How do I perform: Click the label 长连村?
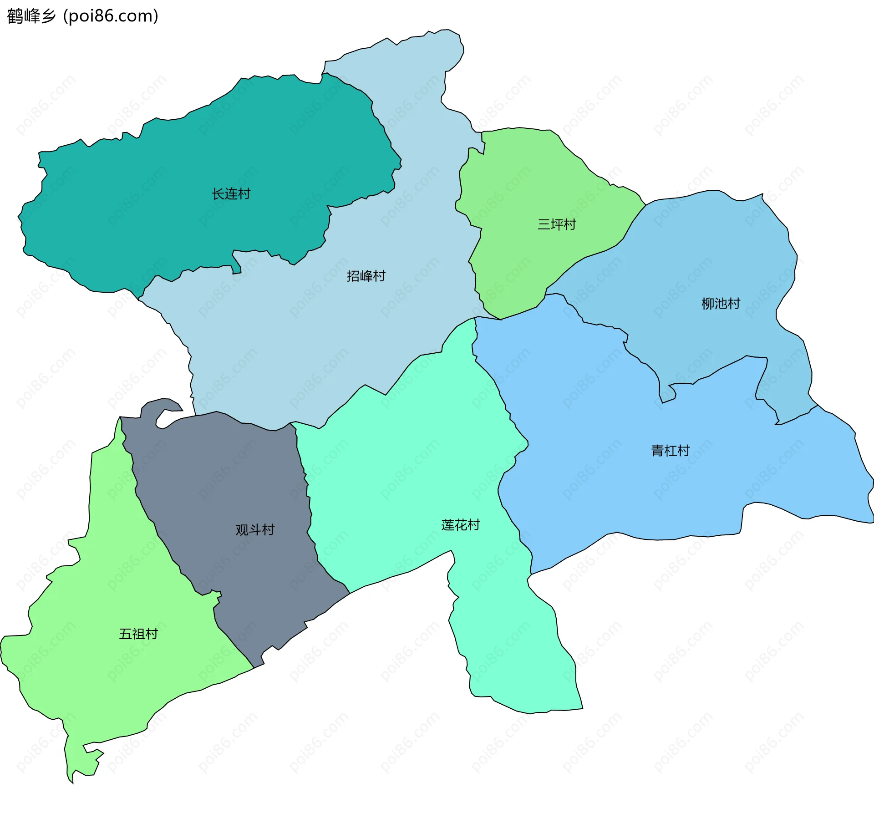231,194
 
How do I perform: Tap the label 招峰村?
366,276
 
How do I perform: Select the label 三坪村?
557,224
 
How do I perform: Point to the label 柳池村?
721,304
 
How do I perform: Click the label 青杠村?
671,451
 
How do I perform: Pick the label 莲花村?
461,525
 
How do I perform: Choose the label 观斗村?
255,530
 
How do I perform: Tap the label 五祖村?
138,634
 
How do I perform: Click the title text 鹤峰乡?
31,16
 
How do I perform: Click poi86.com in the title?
111,16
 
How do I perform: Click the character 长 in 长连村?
218,194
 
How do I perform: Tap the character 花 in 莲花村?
461,525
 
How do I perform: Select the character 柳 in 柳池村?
708,304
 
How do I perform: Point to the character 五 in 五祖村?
125,634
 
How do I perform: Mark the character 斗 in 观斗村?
255,530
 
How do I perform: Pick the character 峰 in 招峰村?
366,276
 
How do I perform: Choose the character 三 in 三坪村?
544,224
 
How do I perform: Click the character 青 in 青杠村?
658,451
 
